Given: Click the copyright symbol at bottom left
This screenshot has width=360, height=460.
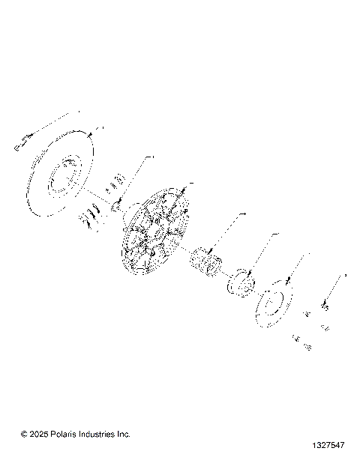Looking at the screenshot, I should tap(25, 434).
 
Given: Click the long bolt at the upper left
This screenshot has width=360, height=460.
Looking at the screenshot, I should tap(23, 140).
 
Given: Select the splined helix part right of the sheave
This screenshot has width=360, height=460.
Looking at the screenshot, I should tap(205, 261).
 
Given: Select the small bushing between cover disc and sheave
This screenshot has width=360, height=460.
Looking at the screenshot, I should tap(117, 203).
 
